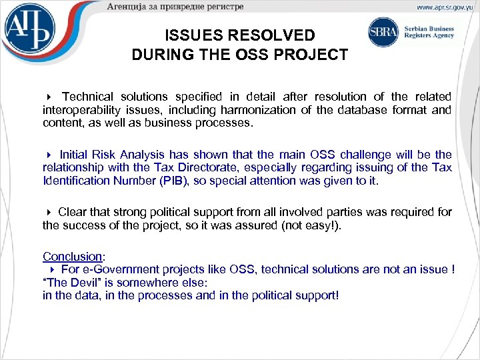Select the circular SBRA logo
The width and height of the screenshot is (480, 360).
pos(383,32)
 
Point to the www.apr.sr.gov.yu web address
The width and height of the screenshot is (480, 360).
pos(444,7)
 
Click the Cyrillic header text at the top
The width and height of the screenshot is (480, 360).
pos(176,7)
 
